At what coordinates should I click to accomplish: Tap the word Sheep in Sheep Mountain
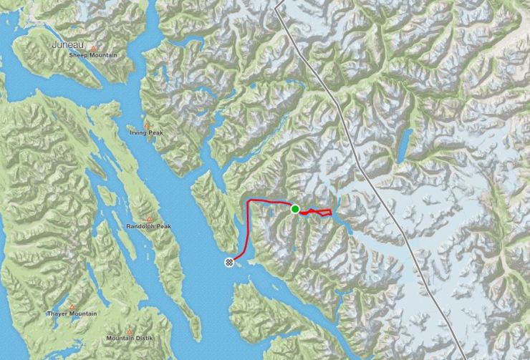(79, 55)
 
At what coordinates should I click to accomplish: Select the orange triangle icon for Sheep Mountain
(92, 48)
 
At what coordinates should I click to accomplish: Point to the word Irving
(139, 132)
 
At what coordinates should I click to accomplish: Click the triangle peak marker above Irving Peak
(148, 125)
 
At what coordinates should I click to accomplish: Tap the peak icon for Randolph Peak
(149, 218)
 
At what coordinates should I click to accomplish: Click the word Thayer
(59, 313)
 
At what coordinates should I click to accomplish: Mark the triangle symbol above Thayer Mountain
(71, 306)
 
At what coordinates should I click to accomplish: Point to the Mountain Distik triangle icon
(130, 330)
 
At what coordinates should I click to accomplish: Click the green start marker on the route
(295, 209)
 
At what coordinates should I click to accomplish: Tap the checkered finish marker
(229, 262)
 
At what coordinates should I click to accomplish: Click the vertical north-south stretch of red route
(248, 229)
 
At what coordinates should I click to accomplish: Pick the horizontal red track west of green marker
(271, 203)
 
